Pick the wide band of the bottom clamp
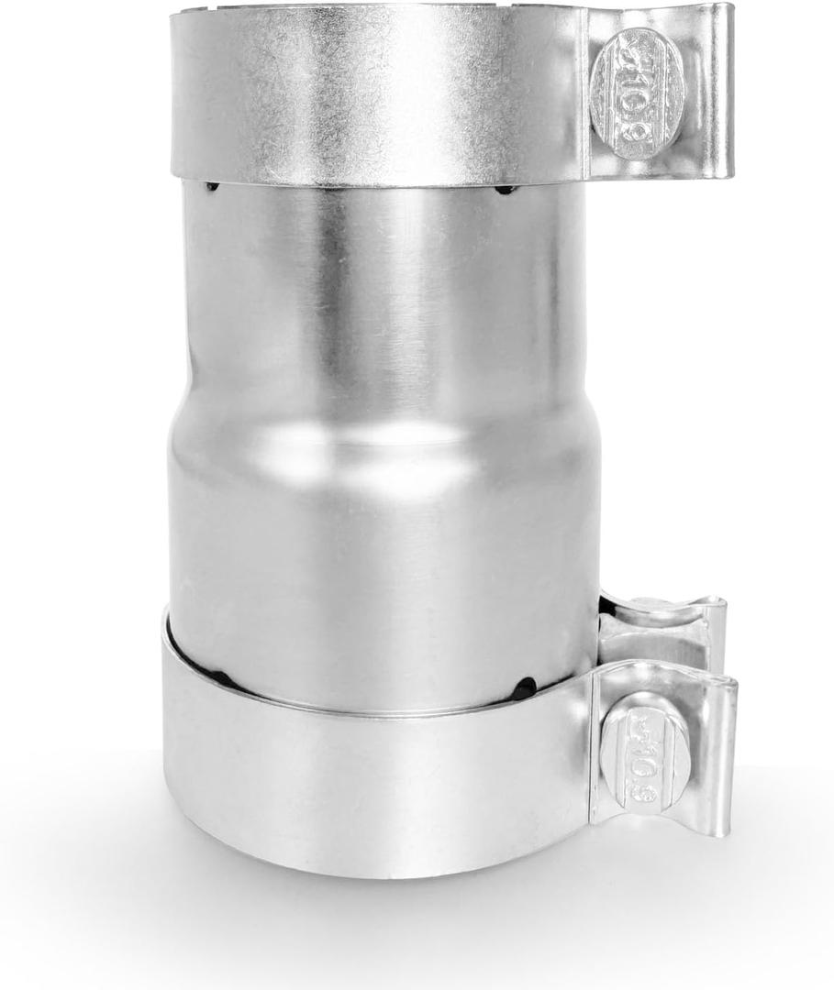pyautogui.click(x=367, y=788)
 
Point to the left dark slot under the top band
pyautogui.click(x=213, y=187)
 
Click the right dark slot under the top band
pyautogui.click(x=505, y=190)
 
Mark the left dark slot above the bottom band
pyautogui.click(x=220, y=679)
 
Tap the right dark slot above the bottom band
pyautogui.click(x=524, y=688)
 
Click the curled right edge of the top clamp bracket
pyautogui.click(x=725, y=92)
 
